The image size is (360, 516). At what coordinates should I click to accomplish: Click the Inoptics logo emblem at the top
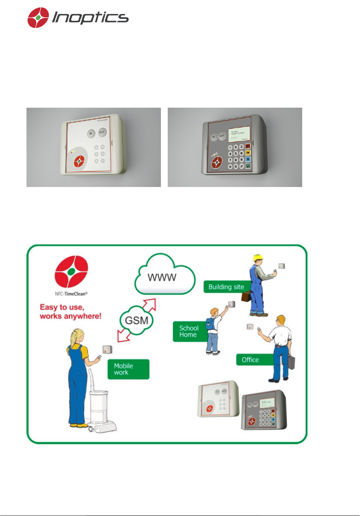38,18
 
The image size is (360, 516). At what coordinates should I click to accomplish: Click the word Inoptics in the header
90,17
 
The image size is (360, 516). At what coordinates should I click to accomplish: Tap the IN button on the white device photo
91,133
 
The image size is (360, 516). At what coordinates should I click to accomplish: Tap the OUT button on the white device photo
102,132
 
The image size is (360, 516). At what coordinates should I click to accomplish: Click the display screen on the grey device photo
238,135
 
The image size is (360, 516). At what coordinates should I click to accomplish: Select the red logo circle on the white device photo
79,162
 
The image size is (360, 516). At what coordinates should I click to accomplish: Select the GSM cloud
136,320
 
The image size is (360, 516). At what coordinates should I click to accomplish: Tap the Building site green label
226,287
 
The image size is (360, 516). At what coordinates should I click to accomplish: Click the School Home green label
188,331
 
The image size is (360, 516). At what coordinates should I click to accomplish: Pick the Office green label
250,360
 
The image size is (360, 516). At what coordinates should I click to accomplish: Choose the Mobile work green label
128,369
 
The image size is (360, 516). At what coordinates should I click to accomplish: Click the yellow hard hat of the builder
258,258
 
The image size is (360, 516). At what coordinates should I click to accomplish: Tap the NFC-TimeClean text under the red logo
71,294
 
